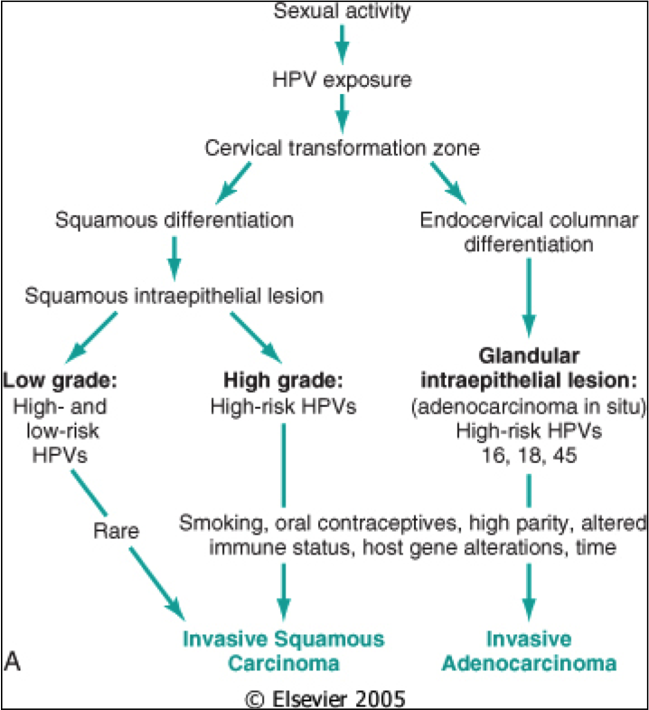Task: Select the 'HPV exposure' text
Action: pos(342,79)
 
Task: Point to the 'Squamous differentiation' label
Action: pos(174,220)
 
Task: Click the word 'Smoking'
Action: pos(215,523)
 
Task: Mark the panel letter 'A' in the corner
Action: pos(13,663)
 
